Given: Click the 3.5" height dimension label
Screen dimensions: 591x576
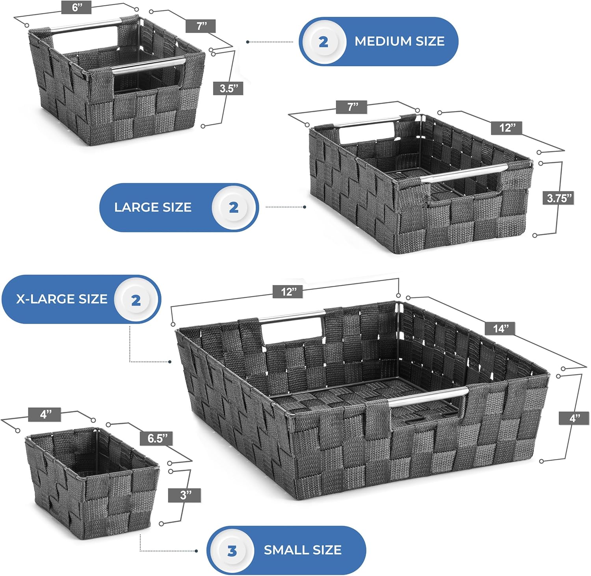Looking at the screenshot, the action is click(228, 88).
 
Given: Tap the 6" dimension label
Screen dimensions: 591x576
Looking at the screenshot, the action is click(76, 7).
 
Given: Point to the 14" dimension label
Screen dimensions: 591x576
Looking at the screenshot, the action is click(501, 328).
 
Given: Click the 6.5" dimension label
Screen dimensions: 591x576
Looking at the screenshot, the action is click(158, 438).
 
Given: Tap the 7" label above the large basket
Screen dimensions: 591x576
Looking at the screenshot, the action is click(352, 107).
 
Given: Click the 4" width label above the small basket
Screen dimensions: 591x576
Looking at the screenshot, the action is click(45, 414).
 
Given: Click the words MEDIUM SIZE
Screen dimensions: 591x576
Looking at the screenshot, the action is click(400, 41).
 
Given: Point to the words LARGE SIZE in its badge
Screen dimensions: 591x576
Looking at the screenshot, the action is click(153, 207).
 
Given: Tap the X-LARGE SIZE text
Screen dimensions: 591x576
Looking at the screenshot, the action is click(61, 299).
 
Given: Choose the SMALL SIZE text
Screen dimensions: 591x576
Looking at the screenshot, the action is click(303, 550).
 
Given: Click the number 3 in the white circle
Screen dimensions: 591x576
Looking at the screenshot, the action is click(232, 551).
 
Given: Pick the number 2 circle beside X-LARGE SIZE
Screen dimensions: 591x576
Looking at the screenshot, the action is click(136, 300).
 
